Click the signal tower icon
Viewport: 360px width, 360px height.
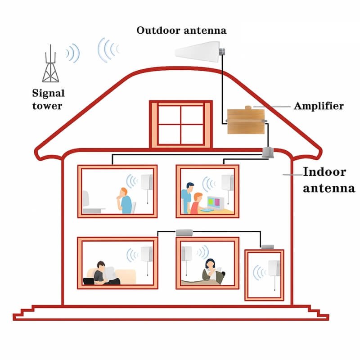(x=51, y=66)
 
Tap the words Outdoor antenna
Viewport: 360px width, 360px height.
(x=181, y=31)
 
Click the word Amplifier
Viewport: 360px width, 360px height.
(x=319, y=106)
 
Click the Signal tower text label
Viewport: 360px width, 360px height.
(x=48, y=99)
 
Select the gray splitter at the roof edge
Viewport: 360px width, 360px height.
(x=269, y=153)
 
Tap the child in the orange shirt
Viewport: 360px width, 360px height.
(x=196, y=205)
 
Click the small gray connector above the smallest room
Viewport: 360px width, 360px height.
(x=268, y=247)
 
